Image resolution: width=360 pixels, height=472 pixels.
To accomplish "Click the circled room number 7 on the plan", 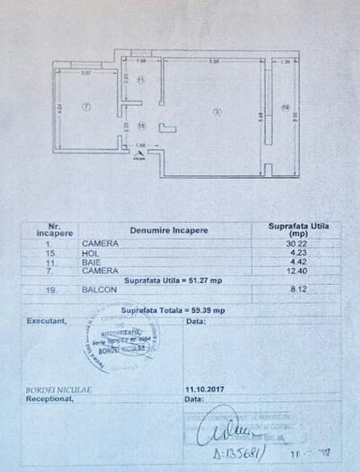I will tap(85, 107).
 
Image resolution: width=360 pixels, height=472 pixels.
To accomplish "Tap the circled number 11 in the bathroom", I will tap(142, 80).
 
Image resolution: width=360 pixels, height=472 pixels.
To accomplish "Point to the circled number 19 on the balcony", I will tap(285, 106).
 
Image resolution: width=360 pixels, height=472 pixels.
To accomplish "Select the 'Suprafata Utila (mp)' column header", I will tap(298, 230).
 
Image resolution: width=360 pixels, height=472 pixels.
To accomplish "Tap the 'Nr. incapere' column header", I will tap(55, 230).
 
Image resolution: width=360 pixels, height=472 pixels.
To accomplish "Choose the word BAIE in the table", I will tap(93, 262).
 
